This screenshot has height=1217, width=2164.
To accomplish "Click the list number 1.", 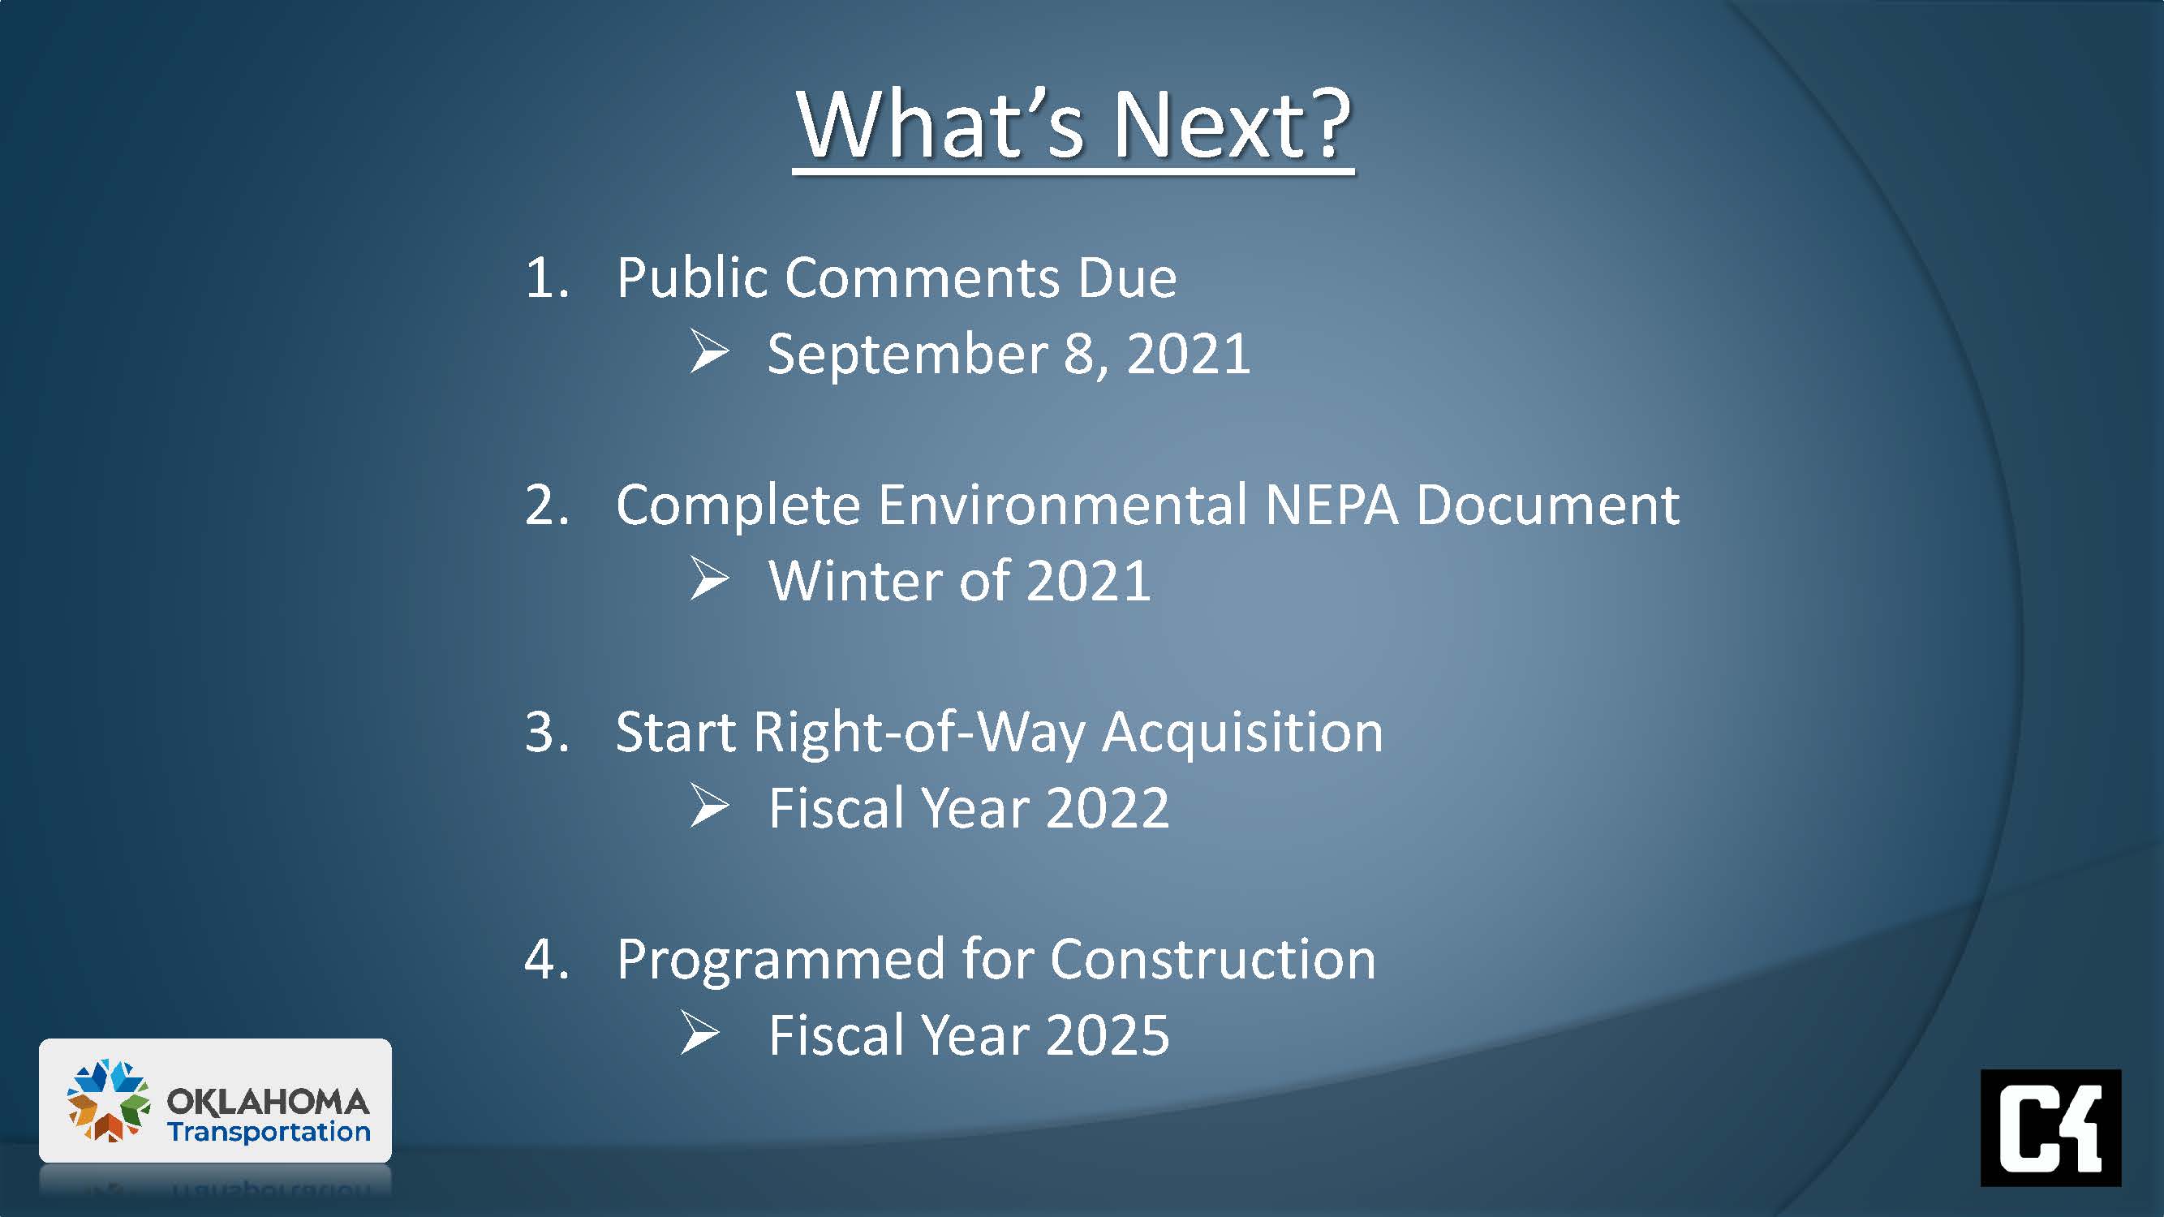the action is click(x=547, y=278).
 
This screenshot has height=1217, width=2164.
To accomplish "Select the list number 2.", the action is click(x=547, y=505).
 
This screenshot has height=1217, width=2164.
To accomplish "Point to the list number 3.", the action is click(x=547, y=733).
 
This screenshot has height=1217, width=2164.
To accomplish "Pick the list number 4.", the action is click(x=547, y=960).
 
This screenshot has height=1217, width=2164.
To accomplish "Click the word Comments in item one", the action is click(x=923, y=278).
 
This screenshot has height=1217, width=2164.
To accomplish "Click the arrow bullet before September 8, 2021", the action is click(x=709, y=352).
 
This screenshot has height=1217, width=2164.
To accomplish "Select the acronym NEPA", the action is click(x=1332, y=505).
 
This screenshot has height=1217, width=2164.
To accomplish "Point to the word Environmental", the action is click(x=1063, y=505).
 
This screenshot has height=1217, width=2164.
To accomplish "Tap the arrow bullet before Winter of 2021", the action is click(x=709, y=579).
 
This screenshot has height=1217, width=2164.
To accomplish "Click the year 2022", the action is click(x=1108, y=809).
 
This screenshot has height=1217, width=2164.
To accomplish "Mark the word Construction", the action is click(x=1213, y=960).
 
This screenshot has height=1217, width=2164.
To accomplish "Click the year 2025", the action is click(x=1108, y=1035).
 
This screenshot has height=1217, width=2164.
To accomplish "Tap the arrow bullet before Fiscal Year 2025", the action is click(x=699, y=1033).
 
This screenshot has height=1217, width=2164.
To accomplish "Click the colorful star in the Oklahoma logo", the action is click(x=109, y=1100).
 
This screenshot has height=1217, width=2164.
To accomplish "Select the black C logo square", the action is click(x=2050, y=1127).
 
